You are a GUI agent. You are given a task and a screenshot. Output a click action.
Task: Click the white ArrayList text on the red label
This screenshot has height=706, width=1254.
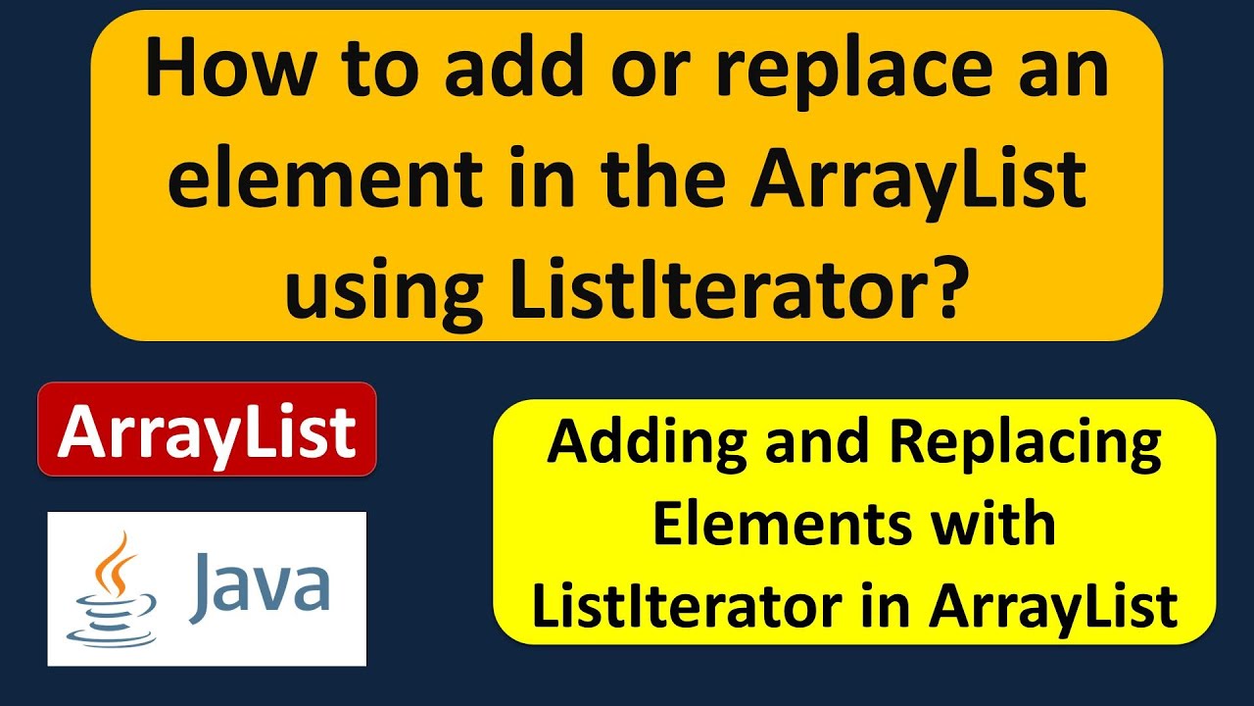click(207, 431)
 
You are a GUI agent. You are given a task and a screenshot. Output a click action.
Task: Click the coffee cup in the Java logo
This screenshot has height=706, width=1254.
click(110, 613)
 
